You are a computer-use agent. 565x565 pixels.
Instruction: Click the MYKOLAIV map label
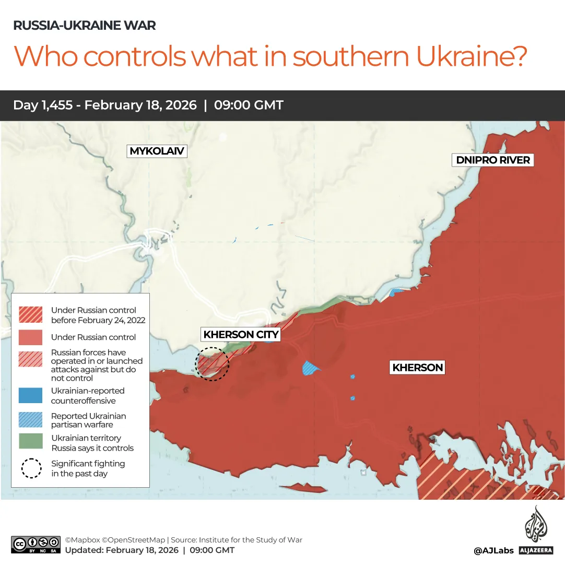(157, 151)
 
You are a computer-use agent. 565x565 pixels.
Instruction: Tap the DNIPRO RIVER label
(493, 160)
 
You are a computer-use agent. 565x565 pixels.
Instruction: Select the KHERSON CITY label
(241, 334)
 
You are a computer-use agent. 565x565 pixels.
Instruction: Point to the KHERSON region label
(418, 368)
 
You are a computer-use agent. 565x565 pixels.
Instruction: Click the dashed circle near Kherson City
(212, 364)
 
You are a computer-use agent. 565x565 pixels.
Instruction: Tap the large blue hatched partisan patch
(311, 368)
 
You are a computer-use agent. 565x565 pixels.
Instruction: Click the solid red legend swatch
(30, 337)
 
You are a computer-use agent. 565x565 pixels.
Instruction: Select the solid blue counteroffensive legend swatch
(30, 395)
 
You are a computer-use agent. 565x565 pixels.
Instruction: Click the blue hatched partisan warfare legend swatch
(30, 420)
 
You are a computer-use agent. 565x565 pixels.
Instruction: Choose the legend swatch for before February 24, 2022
(30, 314)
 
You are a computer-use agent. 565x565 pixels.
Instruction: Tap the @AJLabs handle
(493, 550)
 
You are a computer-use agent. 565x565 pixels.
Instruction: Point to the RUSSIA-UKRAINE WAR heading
(84, 25)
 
